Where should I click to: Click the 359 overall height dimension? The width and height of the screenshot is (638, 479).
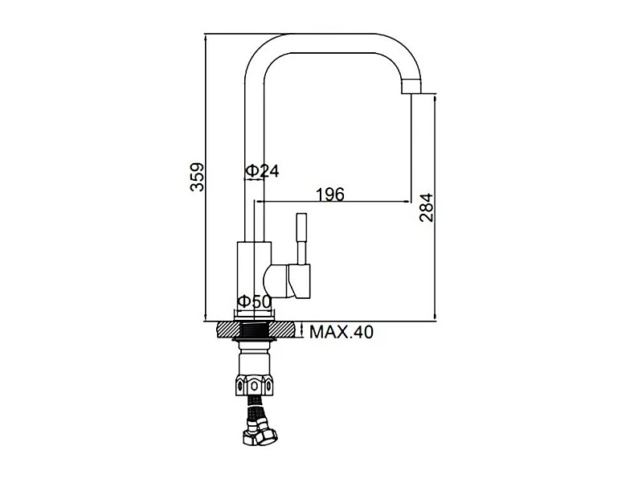click(x=198, y=177)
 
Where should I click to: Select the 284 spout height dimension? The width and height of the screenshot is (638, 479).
click(x=427, y=207)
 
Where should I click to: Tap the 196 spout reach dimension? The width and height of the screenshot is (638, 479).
click(x=330, y=194)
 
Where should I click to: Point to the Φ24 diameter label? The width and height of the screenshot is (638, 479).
click(x=263, y=171)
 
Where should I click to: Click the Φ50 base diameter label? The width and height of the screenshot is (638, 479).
click(x=254, y=301)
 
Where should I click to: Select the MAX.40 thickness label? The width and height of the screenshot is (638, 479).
click(x=341, y=332)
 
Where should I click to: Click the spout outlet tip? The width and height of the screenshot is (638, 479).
click(x=411, y=87)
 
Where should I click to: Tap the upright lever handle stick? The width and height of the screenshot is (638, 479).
click(x=301, y=239)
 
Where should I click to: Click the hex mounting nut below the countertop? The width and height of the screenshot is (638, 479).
click(x=254, y=386)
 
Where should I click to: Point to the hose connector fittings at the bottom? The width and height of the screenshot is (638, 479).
click(x=260, y=436)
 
